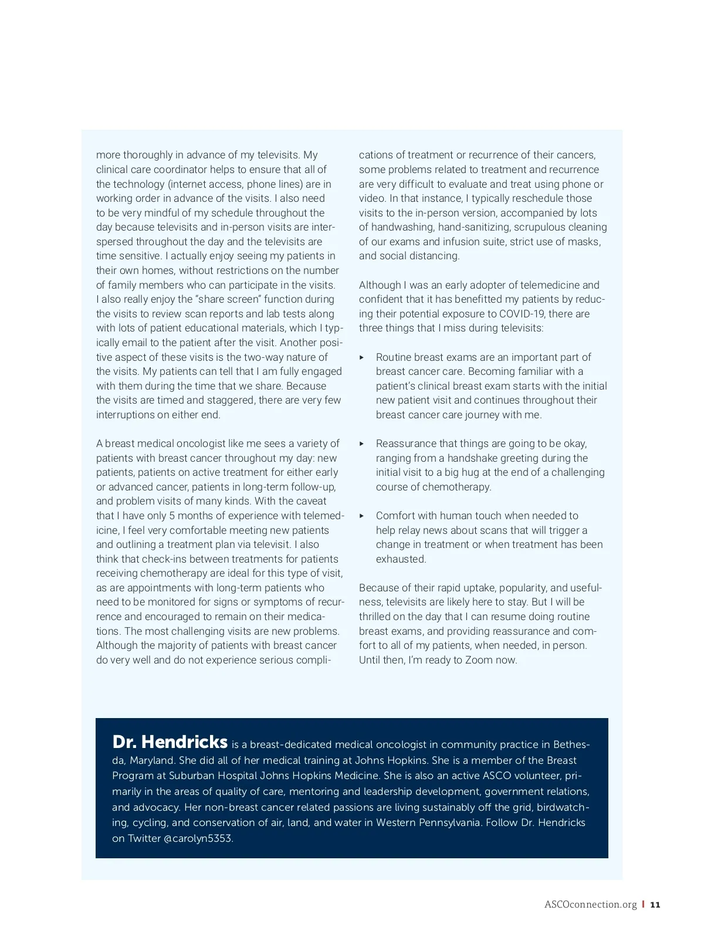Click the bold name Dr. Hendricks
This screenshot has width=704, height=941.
point(170,742)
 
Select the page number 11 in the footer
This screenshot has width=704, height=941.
point(655,905)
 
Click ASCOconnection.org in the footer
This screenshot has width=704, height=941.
point(590,905)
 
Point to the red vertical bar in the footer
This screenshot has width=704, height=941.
point(644,905)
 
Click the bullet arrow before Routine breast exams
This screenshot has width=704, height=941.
point(362,357)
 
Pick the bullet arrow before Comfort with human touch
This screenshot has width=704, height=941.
point(362,516)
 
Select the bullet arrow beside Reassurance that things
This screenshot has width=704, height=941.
point(362,444)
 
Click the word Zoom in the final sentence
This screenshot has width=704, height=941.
point(479,660)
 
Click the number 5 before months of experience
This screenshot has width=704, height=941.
point(172,516)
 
